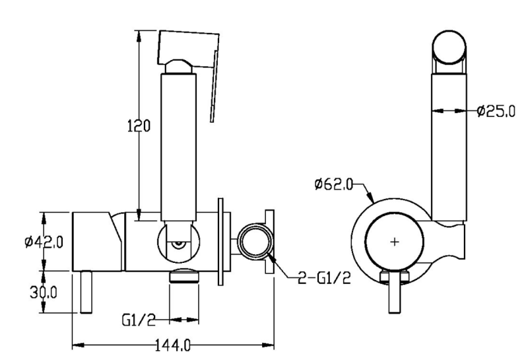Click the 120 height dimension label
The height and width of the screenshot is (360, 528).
click(x=139, y=126)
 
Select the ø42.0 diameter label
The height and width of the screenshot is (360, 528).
click(x=44, y=242)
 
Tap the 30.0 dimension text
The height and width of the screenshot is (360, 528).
click(x=44, y=292)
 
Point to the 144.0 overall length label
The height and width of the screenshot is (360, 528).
click(x=173, y=345)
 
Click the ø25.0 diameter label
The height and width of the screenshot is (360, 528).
click(x=496, y=110)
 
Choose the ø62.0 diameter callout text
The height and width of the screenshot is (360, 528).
click(x=333, y=184)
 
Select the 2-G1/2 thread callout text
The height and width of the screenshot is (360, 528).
click(x=324, y=277)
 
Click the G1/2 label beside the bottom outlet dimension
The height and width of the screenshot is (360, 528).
click(x=139, y=320)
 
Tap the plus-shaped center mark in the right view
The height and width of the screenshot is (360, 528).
click(x=394, y=242)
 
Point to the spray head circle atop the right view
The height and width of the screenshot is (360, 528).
click(x=449, y=47)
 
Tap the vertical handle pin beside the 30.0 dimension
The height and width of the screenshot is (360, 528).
click(x=86, y=292)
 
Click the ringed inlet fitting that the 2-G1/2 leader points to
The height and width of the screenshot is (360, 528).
click(x=255, y=241)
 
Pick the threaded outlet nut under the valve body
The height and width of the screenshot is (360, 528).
click(x=184, y=275)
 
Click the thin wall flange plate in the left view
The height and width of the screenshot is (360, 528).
click(x=220, y=242)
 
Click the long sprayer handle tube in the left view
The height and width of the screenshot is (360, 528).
click(x=178, y=148)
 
